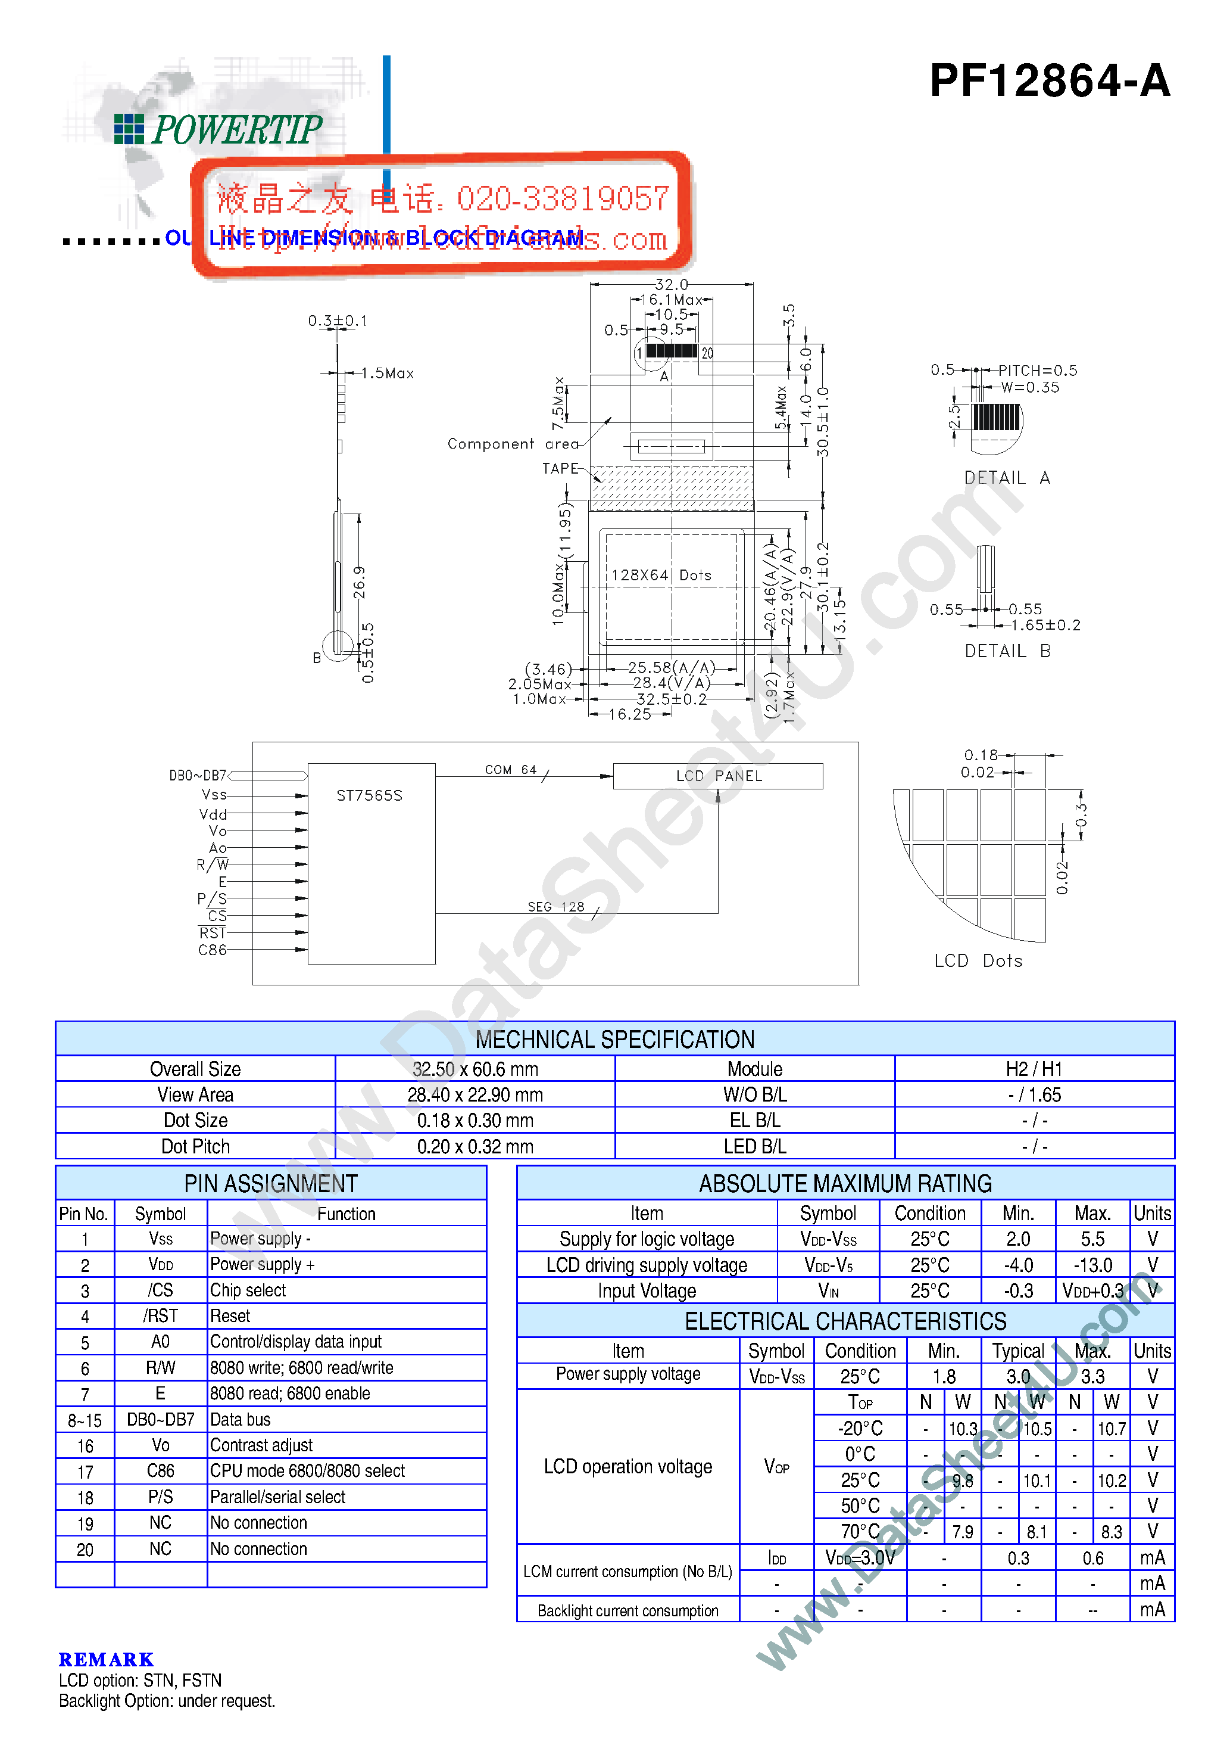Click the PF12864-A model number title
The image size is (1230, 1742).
1049,80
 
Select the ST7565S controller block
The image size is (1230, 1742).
371,863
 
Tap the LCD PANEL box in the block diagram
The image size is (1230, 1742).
717,776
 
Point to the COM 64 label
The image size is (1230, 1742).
510,769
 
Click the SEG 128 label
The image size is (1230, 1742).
556,907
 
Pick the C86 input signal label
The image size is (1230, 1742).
213,950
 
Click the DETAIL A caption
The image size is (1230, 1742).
1006,477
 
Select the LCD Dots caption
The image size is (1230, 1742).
978,960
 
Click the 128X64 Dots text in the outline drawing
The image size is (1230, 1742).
661,575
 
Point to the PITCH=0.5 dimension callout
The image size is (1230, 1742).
1037,370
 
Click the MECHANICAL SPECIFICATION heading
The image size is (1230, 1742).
614,1038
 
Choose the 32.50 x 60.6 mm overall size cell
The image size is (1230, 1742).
474,1069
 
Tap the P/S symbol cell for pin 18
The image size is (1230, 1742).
160,1497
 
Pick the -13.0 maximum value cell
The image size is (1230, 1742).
1092,1265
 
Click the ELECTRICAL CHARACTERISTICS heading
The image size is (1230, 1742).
845,1321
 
